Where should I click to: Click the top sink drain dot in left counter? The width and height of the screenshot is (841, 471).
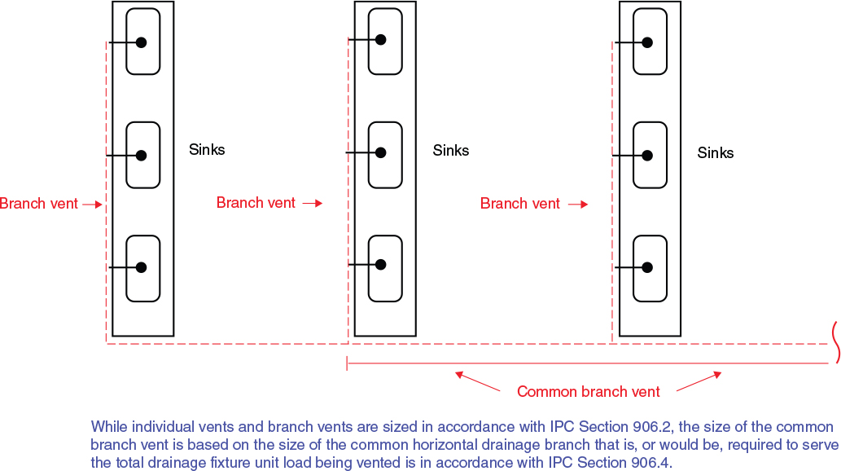pyautogui.click(x=141, y=43)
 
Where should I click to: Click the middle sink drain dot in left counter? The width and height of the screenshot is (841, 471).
pyautogui.click(x=141, y=155)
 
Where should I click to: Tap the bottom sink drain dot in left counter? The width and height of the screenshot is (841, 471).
pyautogui.click(x=141, y=267)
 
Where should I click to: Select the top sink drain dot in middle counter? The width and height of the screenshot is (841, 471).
pyautogui.click(x=381, y=39)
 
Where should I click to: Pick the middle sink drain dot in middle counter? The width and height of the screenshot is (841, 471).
pyautogui.click(x=381, y=152)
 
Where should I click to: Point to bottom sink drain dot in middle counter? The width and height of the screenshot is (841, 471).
pyautogui.click(x=381, y=265)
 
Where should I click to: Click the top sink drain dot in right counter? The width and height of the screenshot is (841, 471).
pyautogui.click(x=648, y=42)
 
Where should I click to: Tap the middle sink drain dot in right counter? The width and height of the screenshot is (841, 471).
pyautogui.click(x=648, y=155)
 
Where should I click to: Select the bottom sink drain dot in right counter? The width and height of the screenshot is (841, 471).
pyautogui.click(x=648, y=267)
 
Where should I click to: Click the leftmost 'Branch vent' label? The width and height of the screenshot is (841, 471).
pyautogui.click(x=39, y=204)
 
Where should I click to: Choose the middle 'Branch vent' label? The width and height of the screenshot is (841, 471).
pyautogui.click(x=256, y=203)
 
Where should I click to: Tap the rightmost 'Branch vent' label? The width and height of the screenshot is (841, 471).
pyautogui.click(x=520, y=204)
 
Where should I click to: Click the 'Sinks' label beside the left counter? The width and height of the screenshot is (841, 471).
pyautogui.click(x=207, y=150)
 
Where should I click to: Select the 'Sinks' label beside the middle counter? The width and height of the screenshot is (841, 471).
pyautogui.click(x=451, y=151)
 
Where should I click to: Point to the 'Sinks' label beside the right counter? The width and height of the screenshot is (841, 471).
pyautogui.click(x=716, y=153)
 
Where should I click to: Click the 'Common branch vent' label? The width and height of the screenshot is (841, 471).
pyautogui.click(x=589, y=392)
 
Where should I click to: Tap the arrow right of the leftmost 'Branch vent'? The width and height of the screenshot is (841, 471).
pyautogui.click(x=94, y=205)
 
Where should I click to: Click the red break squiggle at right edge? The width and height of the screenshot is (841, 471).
pyautogui.click(x=834, y=341)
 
